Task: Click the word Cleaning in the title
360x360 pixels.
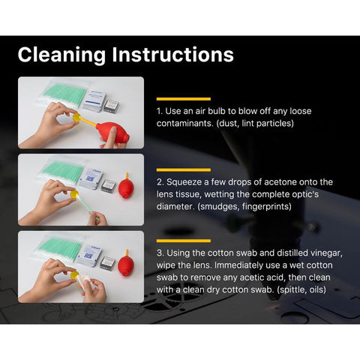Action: click(61, 55)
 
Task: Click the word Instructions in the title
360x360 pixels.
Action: click(172, 54)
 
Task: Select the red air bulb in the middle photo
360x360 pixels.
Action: click(126, 186)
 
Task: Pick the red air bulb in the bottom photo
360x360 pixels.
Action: click(126, 262)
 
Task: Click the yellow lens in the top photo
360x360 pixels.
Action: click(76, 117)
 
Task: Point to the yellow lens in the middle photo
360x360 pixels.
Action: click(74, 194)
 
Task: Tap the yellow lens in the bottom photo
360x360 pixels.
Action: click(74, 275)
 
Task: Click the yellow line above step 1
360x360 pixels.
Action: click(184, 99)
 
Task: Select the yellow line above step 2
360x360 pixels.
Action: click(184, 170)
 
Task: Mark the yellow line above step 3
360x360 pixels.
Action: click(184, 241)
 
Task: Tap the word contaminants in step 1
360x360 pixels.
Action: click(184, 123)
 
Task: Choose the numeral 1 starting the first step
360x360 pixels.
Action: click(159, 111)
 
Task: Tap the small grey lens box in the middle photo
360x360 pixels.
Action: click(109, 186)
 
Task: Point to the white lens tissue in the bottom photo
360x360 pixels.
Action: click(84, 280)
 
